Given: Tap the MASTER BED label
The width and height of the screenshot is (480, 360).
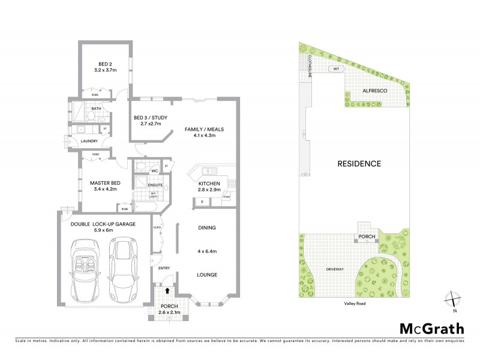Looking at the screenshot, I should (106, 182).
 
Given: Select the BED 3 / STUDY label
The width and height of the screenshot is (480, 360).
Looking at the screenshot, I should (148, 117).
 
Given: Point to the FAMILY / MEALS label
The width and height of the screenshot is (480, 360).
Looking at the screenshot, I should (200, 129).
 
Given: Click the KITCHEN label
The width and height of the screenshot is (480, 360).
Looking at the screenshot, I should (209, 182).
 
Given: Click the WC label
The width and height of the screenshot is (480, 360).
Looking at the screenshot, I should (154, 171).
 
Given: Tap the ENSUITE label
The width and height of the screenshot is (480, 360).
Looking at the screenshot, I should (155, 184).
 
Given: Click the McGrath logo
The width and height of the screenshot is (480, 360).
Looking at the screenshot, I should (431, 328).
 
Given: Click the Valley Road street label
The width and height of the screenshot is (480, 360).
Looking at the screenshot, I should (355, 304).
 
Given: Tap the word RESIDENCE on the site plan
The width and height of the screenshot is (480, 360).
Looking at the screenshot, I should (359, 163).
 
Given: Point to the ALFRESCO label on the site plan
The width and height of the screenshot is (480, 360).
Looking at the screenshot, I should (375, 90).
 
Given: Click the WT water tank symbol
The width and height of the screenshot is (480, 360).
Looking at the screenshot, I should (337, 69).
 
